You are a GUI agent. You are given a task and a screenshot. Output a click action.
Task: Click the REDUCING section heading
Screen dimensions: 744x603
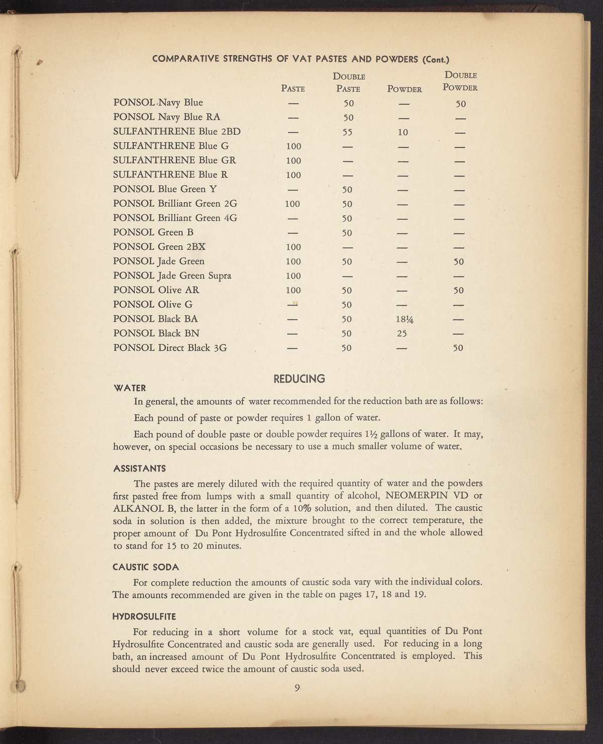[x=299, y=379]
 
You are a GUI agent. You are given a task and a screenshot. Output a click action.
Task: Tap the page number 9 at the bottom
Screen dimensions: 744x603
[x=297, y=688]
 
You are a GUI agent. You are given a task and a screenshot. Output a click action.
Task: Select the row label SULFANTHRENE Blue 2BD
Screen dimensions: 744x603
[x=177, y=132]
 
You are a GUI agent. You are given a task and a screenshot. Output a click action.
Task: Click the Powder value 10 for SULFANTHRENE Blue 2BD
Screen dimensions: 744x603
[x=403, y=132]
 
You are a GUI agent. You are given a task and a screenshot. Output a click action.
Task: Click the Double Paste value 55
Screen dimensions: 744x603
[x=347, y=132]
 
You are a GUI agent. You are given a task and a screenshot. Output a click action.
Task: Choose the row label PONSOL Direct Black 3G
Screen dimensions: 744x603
[x=170, y=347]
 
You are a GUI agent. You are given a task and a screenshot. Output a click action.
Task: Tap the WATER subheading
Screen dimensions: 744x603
[x=130, y=388]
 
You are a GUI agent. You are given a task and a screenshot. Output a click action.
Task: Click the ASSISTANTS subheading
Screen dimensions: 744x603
[x=139, y=469]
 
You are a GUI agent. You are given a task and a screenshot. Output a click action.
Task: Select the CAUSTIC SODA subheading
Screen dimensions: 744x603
[x=146, y=567]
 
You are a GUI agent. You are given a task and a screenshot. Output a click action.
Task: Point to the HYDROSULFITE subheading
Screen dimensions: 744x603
[x=144, y=616]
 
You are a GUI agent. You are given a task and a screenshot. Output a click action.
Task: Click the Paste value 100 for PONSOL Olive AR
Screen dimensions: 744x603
[x=293, y=290]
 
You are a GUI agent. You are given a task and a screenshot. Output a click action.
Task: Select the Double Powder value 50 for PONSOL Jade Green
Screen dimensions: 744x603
[x=458, y=261]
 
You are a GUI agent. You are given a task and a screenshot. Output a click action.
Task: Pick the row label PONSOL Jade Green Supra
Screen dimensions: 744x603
[x=172, y=275]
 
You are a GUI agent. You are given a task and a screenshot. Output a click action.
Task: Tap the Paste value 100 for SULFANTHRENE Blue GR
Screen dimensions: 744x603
[x=293, y=161]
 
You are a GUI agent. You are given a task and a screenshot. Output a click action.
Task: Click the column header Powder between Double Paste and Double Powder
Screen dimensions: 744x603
[x=405, y=89]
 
